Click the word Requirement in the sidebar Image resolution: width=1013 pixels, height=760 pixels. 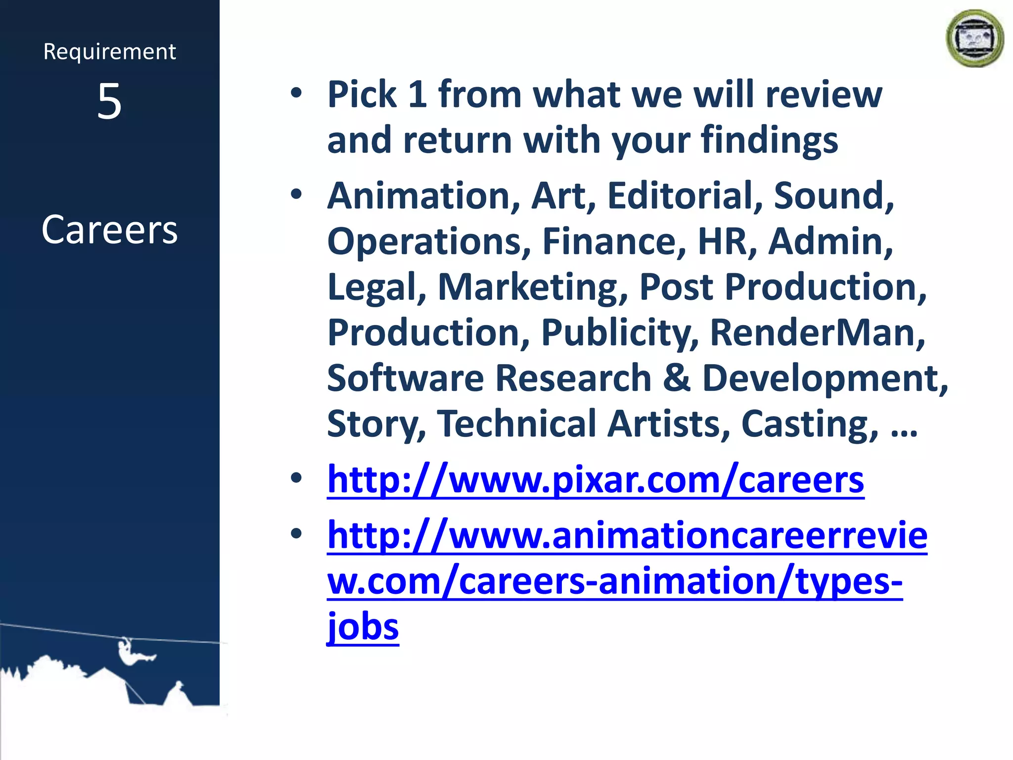pyautogui.click(x=109, y=52)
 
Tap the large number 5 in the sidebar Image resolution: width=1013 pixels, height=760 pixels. pyautogui.click(x=109, y=101)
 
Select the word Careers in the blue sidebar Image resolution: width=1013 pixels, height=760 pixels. pyautogui.click(x=109, y=230)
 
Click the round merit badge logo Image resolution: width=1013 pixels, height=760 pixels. pyautogui.click(x=974, y=39)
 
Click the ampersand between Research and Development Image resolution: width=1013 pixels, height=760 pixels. pyautogui.click(x=676, y=378)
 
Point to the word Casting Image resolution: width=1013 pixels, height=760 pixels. pyautogui.click(x=810, y=424)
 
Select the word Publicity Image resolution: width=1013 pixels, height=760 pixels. pyautogui.click(x=620, y=332)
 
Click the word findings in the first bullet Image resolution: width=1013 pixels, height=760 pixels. pyautogui.click(x=769, y=141)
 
